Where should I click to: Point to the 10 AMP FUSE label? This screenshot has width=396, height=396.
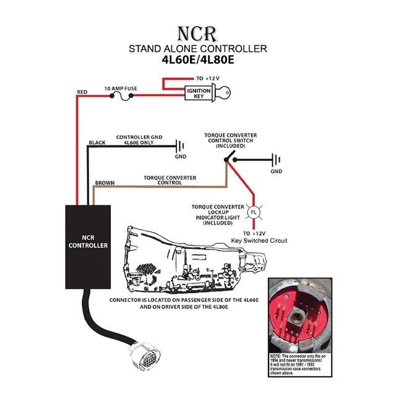121,88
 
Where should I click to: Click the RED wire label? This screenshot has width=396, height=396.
82,92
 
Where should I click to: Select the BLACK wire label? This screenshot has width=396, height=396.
97,143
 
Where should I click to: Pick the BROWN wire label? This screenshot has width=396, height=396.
103,184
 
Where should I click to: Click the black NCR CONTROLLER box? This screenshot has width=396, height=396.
88,246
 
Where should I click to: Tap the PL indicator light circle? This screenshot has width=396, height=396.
252,212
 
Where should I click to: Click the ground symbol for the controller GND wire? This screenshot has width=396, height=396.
179,147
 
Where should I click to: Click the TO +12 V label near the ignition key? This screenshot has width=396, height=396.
209,79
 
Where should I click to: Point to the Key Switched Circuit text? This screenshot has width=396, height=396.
259,240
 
